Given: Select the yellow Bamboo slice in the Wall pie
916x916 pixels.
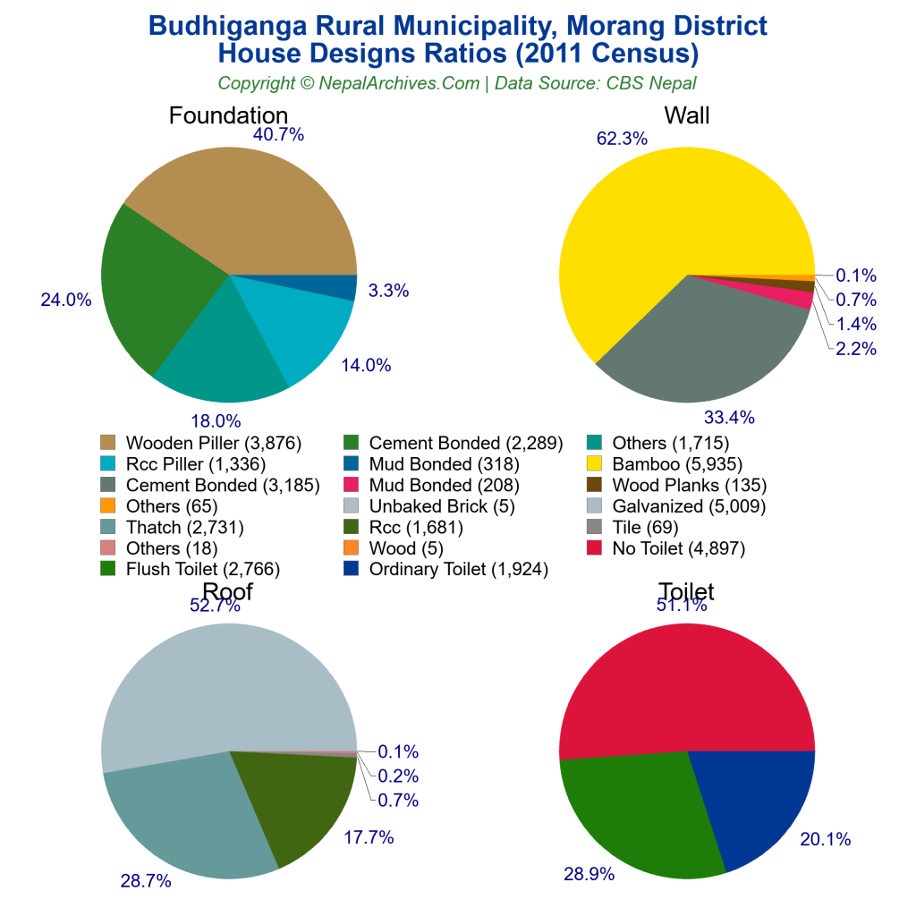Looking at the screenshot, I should (x=653, y=215).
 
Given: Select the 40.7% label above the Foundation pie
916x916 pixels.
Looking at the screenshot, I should (x=278, y=135).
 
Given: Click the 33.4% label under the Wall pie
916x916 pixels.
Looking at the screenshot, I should (x=729, y=417).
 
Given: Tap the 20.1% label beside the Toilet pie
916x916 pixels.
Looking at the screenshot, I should (x=825, y=839).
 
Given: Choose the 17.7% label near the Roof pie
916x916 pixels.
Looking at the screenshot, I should (x=369, y=837).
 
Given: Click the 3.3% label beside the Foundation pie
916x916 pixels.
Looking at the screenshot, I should (x=389, y=290).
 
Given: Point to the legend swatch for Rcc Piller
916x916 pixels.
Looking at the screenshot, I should (x=108, y=463).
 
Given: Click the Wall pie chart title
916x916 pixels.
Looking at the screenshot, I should (x=686, y=115).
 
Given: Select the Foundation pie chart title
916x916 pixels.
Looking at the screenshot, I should (x=228, y=115).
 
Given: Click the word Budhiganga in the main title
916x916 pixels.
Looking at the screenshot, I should (x=228, y=25).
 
